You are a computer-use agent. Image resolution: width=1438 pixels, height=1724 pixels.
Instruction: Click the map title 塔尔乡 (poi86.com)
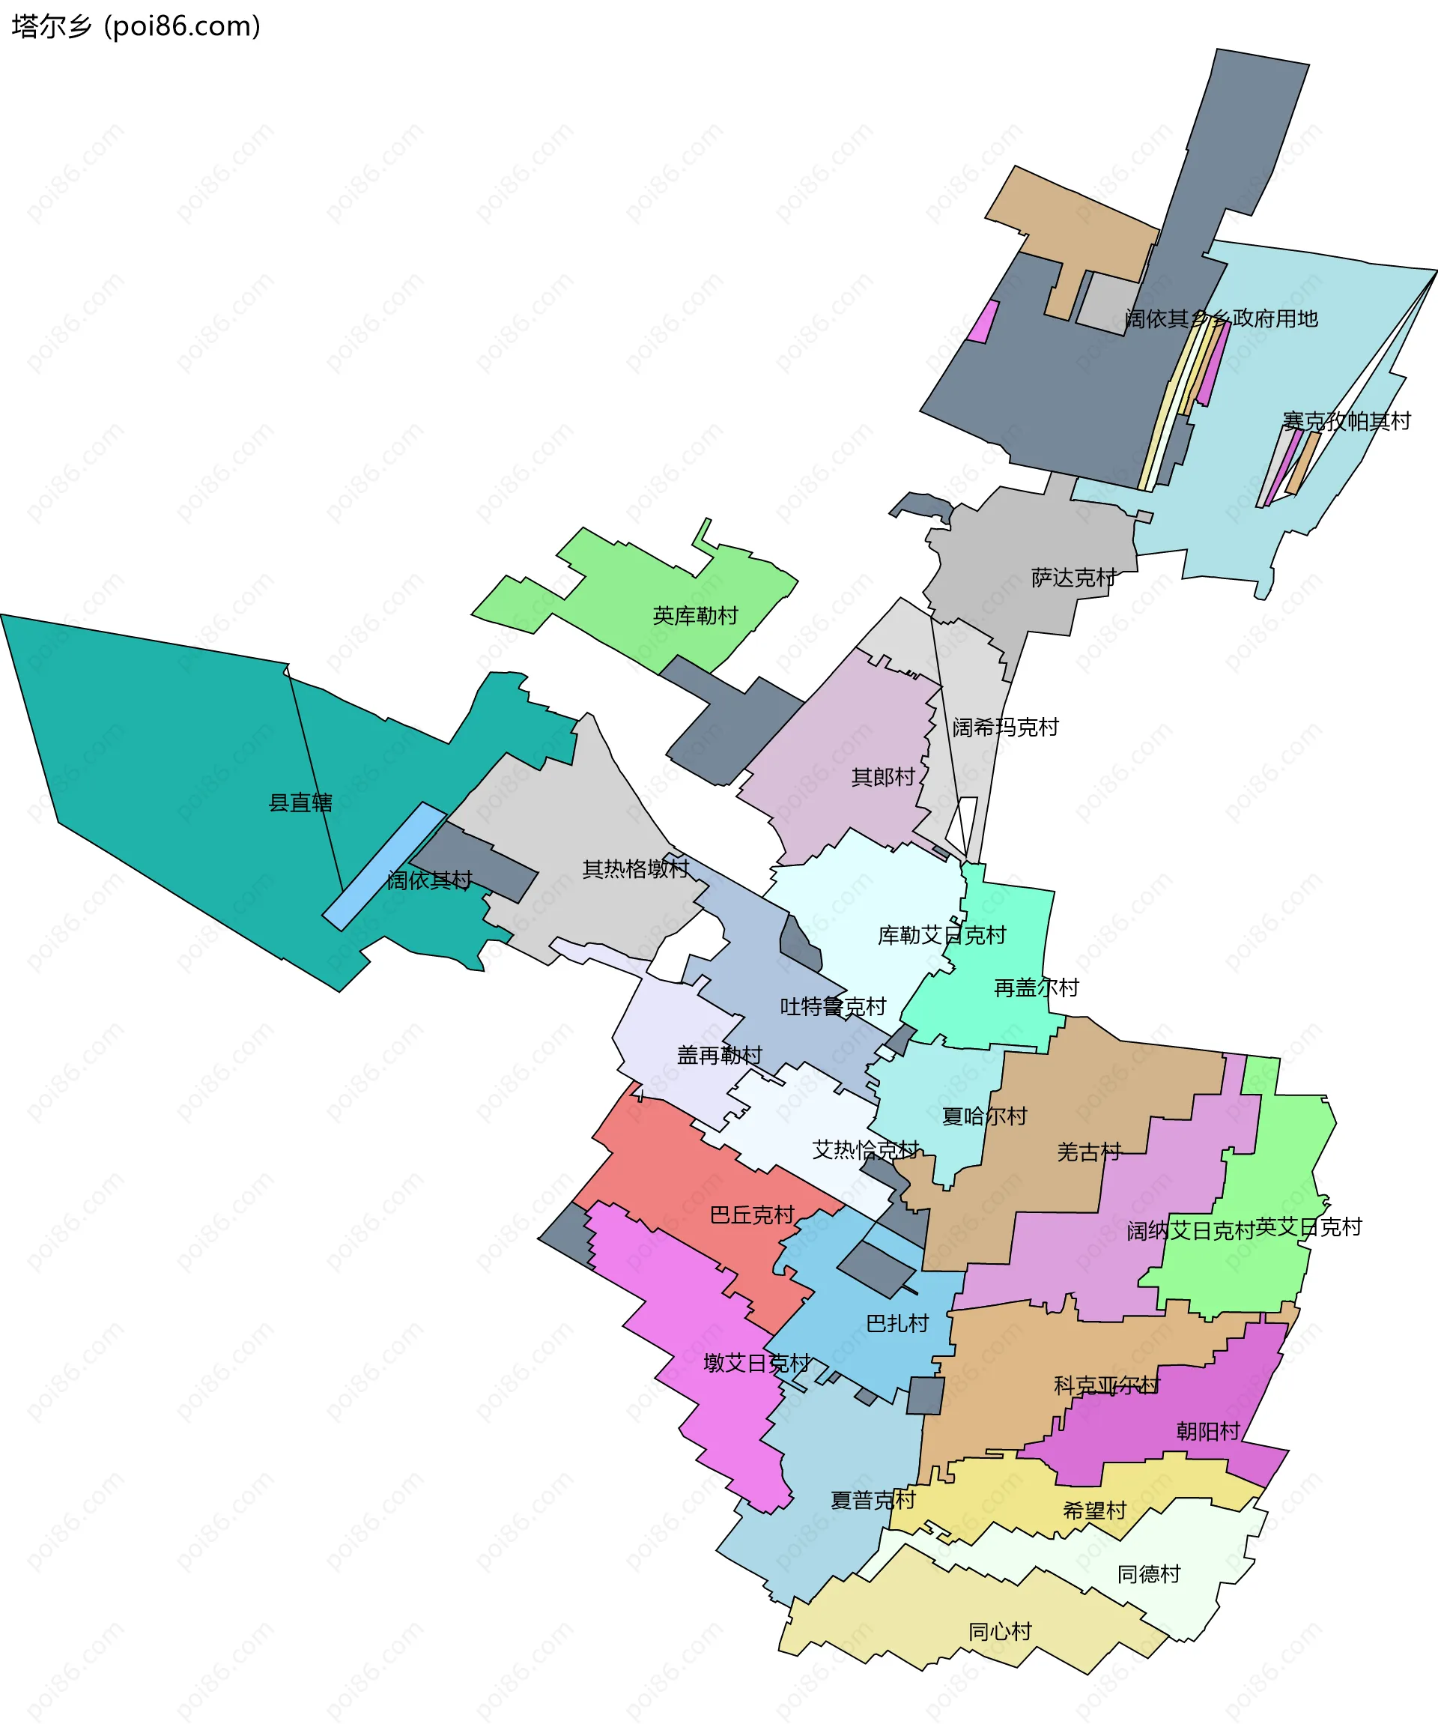click(136, 27)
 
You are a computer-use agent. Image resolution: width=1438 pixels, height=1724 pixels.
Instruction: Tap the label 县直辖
click(300, 803)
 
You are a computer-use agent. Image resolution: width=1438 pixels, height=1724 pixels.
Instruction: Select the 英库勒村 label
click(695, 616)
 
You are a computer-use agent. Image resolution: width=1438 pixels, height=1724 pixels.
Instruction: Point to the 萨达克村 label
click(1073, 578)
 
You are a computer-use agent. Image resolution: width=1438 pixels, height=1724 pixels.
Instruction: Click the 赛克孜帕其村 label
click(1346, 421)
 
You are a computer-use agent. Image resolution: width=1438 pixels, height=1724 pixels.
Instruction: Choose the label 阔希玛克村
click(1005, 728)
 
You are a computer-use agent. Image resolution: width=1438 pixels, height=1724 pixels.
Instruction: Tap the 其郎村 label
click(883, 777)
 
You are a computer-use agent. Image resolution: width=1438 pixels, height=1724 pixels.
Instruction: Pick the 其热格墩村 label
click(635, 868)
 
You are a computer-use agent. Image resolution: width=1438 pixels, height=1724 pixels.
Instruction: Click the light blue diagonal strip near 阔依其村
click(384, 866)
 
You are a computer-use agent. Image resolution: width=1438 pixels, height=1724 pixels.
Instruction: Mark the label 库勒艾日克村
click(941, 935)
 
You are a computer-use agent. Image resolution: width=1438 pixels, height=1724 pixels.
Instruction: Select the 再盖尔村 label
click(1036, 987)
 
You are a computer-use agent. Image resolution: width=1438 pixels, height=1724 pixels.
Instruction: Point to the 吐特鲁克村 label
click(833, 1006)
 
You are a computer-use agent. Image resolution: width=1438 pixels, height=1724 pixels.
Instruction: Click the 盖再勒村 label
click(719, 1055)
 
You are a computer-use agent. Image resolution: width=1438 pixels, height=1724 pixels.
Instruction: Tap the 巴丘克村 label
click(752, 1215)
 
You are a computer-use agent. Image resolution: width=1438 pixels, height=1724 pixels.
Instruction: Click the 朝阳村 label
click(1207, 1432)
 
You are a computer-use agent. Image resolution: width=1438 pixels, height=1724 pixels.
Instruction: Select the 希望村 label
click(1094, 1510)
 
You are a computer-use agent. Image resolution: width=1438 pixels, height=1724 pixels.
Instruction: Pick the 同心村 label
click(1000, 1631)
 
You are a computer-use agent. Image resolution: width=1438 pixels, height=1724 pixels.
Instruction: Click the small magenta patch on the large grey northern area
click(983, 322)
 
